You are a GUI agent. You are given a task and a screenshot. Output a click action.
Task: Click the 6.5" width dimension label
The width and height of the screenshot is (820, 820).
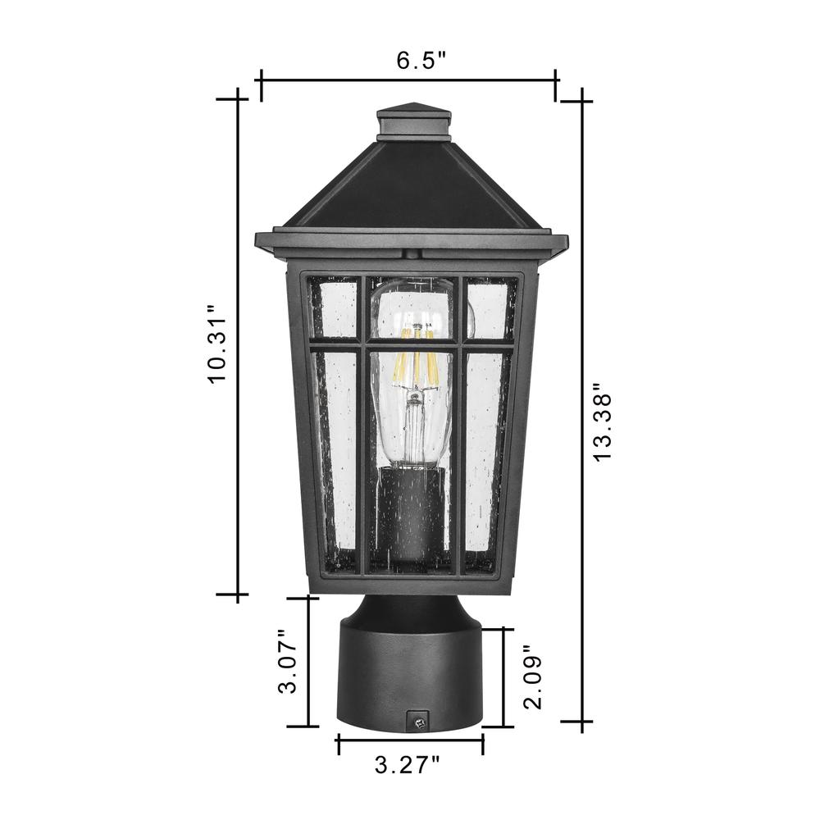[421, 60]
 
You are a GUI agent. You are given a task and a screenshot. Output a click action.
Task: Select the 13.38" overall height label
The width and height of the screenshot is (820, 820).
[601, 421]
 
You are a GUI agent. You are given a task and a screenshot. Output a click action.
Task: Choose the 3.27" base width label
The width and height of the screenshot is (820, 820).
[408, 766]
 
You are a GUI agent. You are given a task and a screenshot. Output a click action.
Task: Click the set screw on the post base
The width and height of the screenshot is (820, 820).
[418, 722]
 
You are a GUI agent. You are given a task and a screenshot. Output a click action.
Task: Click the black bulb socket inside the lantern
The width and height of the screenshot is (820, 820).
[413, 515]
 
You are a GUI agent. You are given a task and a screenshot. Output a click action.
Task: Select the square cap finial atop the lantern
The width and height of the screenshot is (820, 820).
[413, 123]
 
